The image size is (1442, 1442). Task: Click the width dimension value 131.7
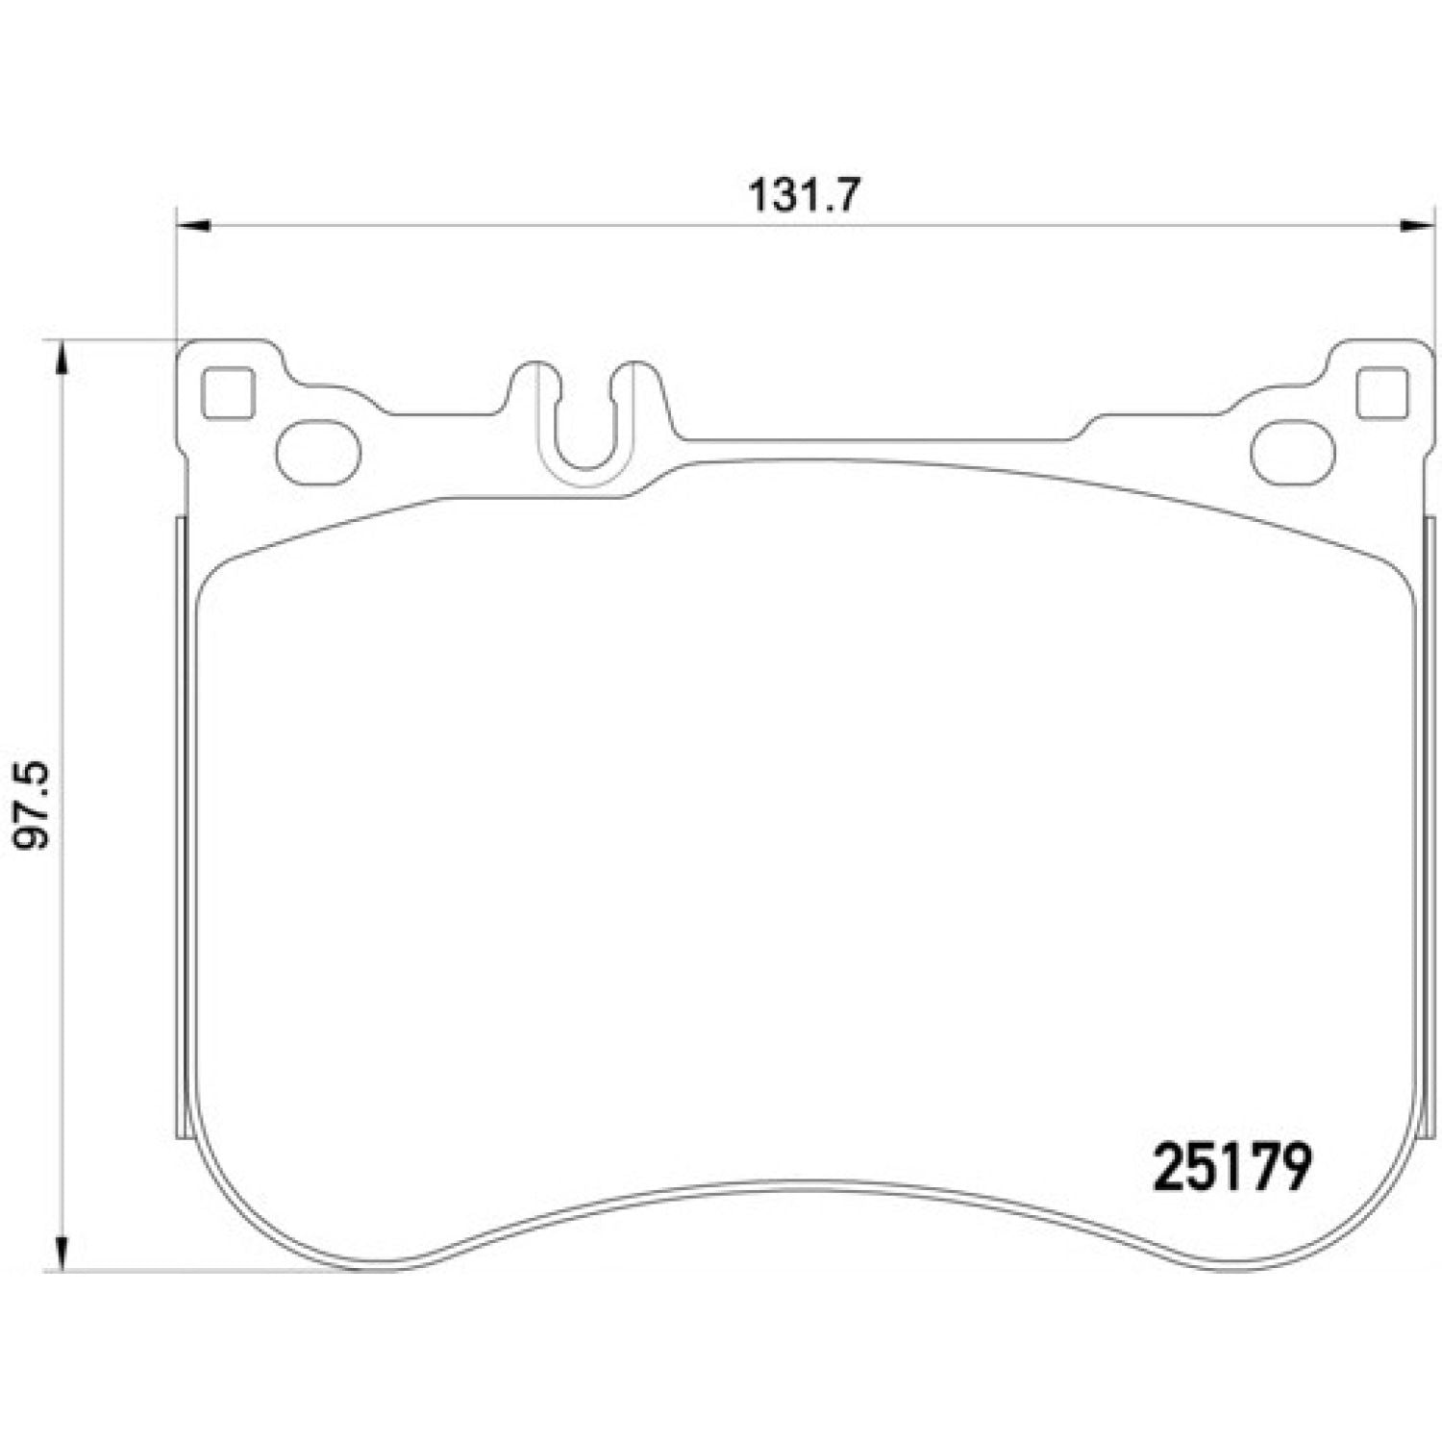pyautogui.click(x=801, y=196)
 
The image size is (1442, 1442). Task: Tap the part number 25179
pyautogui.click(x=1231, y=1167)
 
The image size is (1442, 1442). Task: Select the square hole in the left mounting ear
pyautogui.click(x=228, y=394)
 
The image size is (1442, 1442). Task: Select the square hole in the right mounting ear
pyautogui.click(x=1382, y=394)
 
